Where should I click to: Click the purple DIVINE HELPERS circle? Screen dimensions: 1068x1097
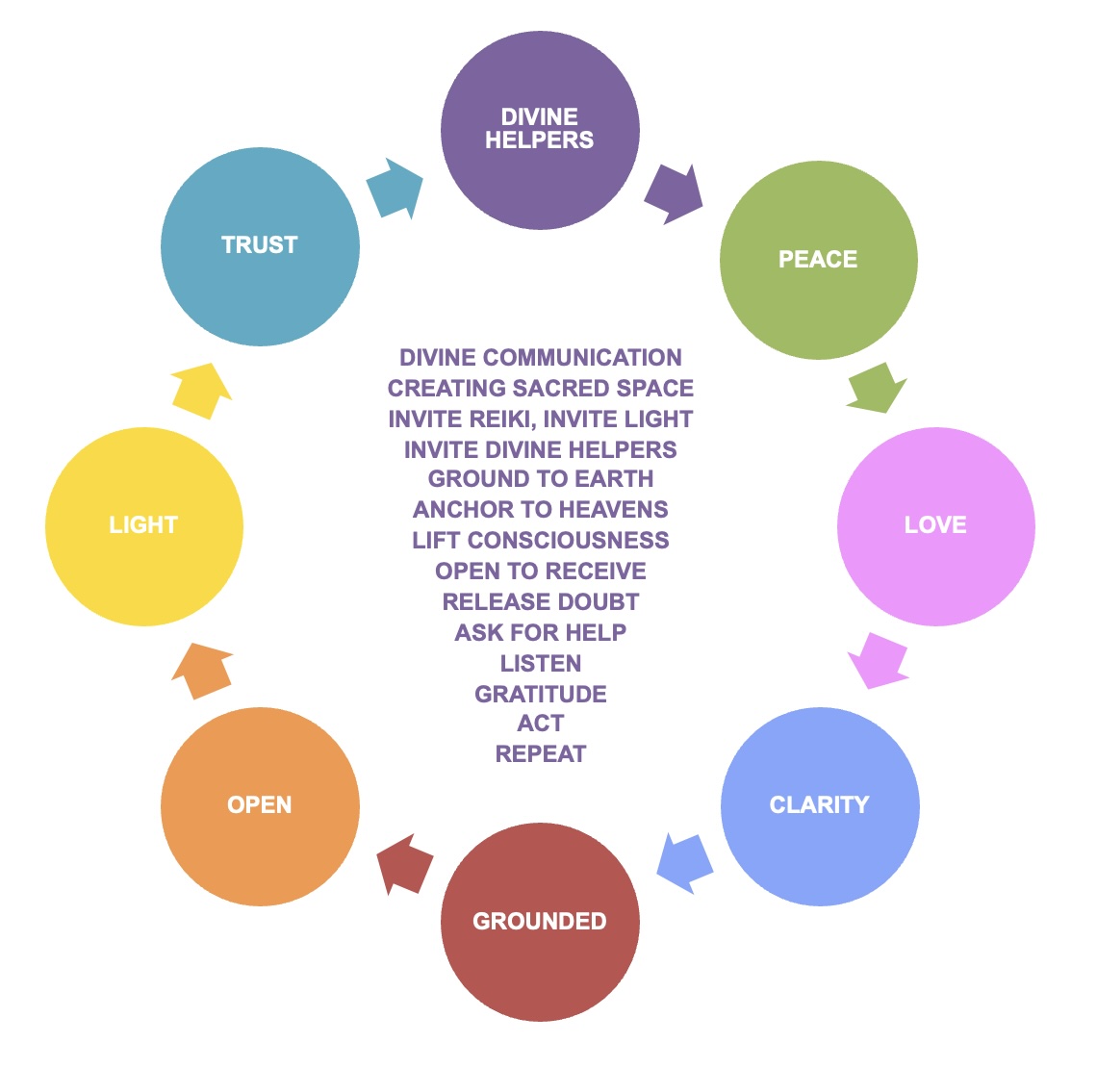pyautogui.click(x=540, y=130)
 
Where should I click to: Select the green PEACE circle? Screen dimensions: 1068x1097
pyautogui.click(x=819, y=260)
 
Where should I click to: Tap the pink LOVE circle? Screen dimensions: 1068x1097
pyautogui.click(x=935, y=525)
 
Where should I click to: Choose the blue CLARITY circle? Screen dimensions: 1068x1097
pyautogui.click(x=820, y=805)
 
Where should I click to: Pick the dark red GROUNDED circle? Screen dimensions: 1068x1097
pyautogui.click(x=540, y=922)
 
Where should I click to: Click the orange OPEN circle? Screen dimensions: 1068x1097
pyautogui.click(x=260, y=805)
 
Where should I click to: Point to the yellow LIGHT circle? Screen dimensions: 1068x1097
pyautogui.click(x=143, y=525)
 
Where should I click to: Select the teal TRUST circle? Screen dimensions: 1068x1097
pyautogui.click(x=260, y=245)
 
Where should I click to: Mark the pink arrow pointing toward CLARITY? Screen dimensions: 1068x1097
pyautogui.click(x=879, y=660)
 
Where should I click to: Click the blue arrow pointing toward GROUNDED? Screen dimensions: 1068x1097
pyautogui.click(x=684, y=861)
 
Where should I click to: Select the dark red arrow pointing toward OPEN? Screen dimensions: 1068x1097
pyautogui.click(x=403, y=863)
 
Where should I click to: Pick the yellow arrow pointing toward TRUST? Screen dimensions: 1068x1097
pyautogui.click(x=202, y=391)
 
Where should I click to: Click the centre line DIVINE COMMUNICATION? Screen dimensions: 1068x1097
pyautogui.click(x=541, y=358)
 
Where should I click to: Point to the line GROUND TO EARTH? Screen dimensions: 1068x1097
pyautogui.click(x=541, y=479)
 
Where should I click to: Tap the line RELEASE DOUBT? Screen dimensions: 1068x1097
pyautogui.click(x=541, y=602)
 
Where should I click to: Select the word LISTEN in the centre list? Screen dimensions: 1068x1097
pyautogui.click(x=541, y=664)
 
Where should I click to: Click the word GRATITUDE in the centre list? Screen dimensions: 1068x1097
pyautogui.click(x=541, y=695)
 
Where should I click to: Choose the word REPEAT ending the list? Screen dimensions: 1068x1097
pyautogui.click(x=541, y=754)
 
